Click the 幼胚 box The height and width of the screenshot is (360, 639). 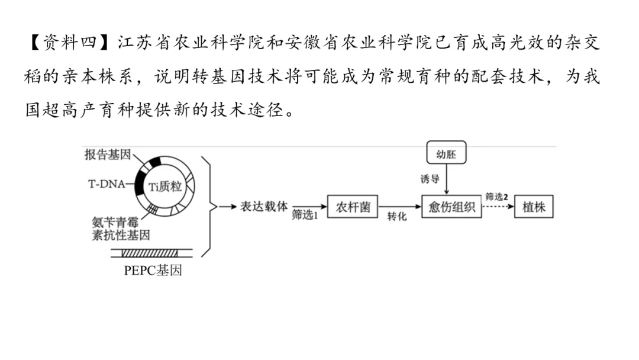pos(446,154)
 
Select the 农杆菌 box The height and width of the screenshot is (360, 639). pos(353,207)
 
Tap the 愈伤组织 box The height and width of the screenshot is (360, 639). pos(451,207)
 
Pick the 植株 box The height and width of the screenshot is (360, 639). pos(533,207)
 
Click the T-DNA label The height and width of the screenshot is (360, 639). pos(106,184)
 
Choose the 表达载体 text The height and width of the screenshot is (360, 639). pos(263,207)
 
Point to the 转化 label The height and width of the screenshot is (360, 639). pos(397,217)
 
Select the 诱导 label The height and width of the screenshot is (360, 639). pos(430,178)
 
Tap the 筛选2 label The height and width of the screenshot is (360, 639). pos(496,196)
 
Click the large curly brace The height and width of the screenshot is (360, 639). pos(208,207)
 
